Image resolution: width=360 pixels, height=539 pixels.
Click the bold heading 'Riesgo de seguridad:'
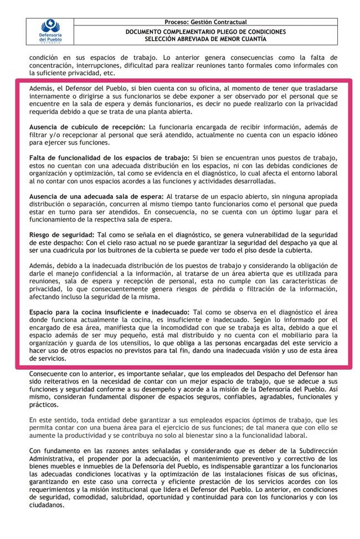(x=61, y=235)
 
